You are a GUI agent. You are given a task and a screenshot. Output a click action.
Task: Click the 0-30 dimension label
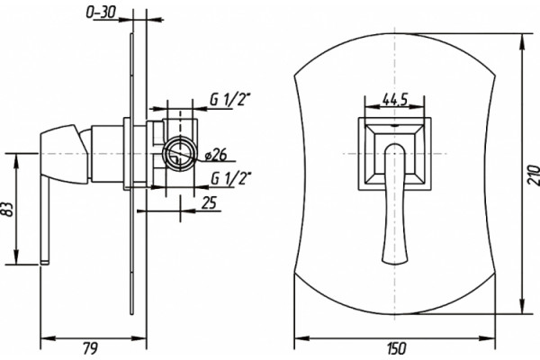pos(101,13)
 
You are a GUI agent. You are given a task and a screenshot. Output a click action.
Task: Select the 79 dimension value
pos(91,348)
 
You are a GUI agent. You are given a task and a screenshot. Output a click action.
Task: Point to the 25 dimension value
pos(209,202)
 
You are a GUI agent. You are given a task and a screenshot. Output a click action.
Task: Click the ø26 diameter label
pos(216,156)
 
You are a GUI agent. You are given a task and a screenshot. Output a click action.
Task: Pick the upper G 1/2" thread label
pos(230,100)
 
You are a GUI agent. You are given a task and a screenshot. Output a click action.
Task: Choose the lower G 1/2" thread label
pos(230,178)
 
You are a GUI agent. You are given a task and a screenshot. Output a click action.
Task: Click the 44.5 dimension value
pos(395,100)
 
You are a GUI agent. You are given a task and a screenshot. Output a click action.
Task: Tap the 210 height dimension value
pos(533,175)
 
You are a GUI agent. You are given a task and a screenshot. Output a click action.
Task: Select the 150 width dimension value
pos(396,348)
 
